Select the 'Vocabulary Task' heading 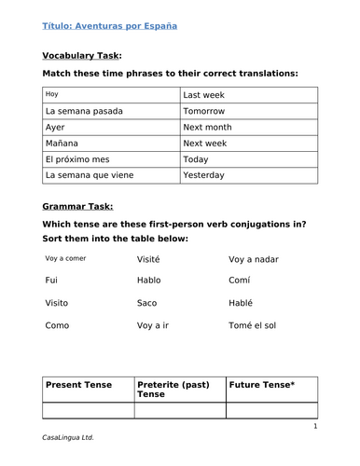(82, 55)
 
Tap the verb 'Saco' (147, 302)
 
